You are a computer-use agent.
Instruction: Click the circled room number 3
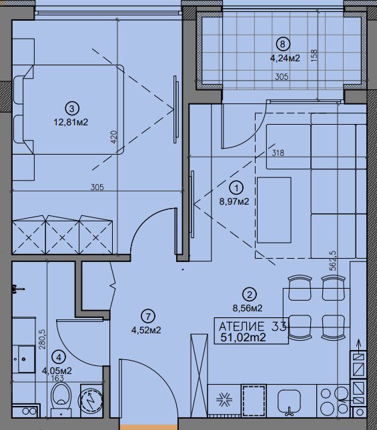71,109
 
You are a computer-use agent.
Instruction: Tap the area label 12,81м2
71,122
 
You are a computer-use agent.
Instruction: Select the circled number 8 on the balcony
283,44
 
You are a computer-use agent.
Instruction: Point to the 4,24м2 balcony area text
285,58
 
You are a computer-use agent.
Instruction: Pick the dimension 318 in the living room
278,153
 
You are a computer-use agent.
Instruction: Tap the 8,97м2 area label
234,201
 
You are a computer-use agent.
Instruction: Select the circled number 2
250,295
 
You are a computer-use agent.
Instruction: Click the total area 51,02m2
243,337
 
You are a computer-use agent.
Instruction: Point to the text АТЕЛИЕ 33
252,327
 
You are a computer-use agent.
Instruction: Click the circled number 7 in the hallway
148,317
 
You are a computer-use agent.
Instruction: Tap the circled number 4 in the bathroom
59,357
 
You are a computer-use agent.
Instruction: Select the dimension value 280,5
42,339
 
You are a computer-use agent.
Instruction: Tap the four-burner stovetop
333,401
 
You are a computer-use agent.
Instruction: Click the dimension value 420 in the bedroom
114,137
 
